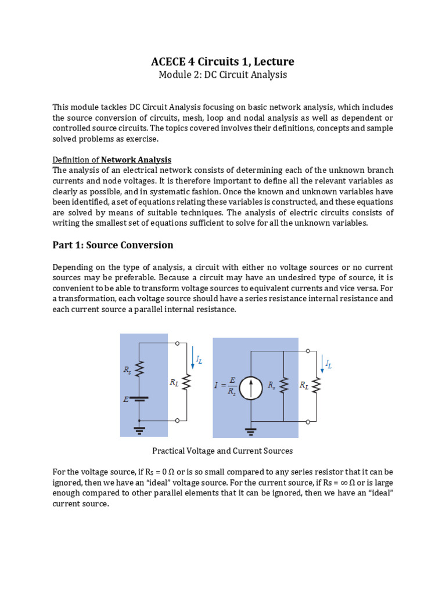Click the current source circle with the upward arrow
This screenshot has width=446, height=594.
click(251, 386)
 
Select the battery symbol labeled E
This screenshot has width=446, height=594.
click(139, 399)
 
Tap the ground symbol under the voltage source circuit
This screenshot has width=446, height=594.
click(139, 429)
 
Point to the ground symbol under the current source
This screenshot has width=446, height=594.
click(251, 430)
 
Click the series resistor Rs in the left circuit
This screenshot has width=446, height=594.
click(139, 369)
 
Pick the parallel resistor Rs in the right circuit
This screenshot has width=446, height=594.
click(284, 386)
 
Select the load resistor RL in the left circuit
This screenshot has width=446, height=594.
click(186, 382)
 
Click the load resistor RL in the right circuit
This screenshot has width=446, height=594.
click(316, 386)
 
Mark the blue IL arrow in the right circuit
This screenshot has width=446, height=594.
click(322, 363)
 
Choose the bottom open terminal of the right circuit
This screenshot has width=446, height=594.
click(308, 421)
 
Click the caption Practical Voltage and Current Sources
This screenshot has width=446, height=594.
click(222, 451)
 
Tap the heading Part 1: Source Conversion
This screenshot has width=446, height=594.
click(113, 245)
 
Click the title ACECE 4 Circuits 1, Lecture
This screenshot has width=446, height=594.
click(222, 61)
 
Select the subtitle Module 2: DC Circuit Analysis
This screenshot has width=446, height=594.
click(222, 75)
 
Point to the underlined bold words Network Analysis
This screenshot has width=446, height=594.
click(136, 160)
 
